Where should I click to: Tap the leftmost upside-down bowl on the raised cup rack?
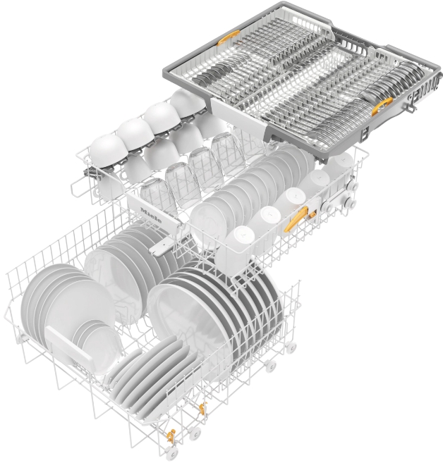point(107,152)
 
